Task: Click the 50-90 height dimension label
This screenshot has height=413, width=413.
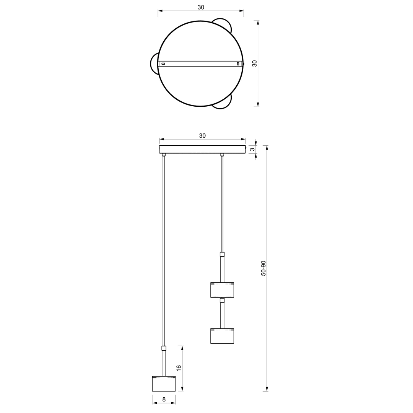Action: coord(263,268)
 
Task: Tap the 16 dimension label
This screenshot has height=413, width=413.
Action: coord(179,368)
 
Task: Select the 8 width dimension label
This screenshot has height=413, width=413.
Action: coord(164,399)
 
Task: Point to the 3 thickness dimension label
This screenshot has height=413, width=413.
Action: coord(252,150)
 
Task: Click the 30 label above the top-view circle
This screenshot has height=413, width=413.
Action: coord(201,7)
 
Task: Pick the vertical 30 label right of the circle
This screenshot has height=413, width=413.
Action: coord(254,63)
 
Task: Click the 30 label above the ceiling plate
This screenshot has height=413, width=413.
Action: coord(202,136)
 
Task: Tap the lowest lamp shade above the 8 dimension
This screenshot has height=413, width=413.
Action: coord(164,383)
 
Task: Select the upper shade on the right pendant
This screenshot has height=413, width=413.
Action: coord(222,290)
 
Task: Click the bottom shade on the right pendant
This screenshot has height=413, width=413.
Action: coord(222,336)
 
